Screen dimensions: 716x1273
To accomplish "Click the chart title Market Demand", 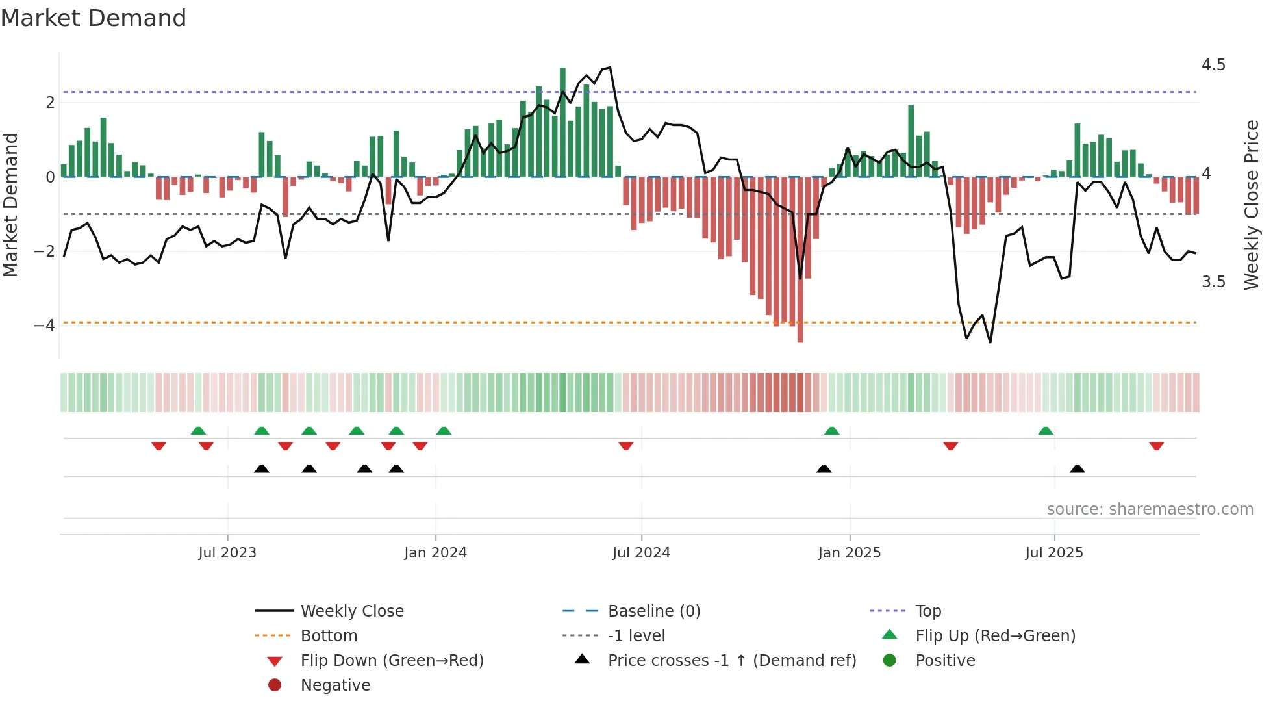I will (94, 18).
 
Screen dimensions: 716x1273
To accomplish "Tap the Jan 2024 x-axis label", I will (435, 553).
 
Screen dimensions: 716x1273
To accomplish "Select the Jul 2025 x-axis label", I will (1054, 553).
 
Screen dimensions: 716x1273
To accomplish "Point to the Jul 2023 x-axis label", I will (227, 553).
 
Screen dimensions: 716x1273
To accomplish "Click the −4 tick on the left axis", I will (44, 325).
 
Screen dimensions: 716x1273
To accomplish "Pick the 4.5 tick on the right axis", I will (1213, 65).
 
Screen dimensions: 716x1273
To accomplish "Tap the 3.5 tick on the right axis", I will (1213, 282).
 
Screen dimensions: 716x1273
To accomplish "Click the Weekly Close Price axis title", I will (1252, 205).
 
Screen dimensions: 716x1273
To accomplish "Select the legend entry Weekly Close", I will (351, 611).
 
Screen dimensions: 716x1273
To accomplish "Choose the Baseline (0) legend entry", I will (653, 611).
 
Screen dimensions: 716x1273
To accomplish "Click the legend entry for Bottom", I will (329, 636).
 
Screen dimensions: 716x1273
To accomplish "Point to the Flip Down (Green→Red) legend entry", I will (392, 661).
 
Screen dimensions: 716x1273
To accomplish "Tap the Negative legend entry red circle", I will (275, 685).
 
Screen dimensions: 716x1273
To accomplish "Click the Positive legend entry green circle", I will (890, 661).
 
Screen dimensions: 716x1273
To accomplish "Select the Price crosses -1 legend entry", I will (731, 661).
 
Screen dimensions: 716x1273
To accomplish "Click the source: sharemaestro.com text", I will (1150, 509).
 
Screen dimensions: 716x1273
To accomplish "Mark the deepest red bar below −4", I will (800, 260).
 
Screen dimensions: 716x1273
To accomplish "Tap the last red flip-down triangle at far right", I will (1156, 446).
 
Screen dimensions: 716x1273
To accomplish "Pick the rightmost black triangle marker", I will (1077, 469).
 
